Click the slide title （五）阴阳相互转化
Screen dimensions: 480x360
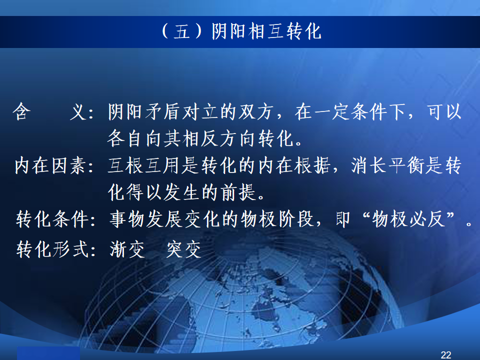(x=241, y=31)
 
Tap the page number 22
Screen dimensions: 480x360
(x=445, y=355)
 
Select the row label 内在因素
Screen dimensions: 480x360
(x=50, y=165)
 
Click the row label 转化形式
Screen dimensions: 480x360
(x=52, y=249)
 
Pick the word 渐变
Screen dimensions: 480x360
(x=127, y=249)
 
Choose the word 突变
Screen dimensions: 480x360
(x=183, y=249)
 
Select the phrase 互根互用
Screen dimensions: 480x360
(x=144, y=165)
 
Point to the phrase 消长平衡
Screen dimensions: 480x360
(x=388, y=165)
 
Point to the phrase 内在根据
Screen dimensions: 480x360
(x=294, y=165)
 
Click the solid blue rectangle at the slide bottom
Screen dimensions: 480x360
(x=48, y=353)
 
